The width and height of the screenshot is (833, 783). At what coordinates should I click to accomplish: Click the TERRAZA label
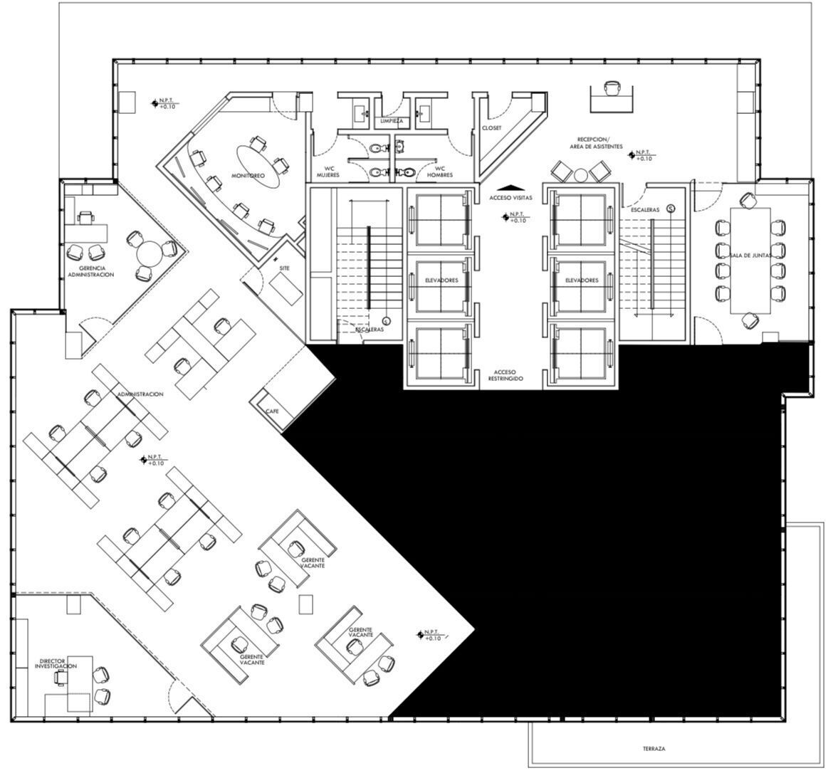(x=654, y=749)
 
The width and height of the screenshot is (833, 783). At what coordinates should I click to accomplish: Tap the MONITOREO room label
(x=248, y=175)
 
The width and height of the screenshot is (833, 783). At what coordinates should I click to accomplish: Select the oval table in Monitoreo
(x=257, y=166)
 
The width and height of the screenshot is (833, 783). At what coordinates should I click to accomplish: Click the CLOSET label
(x=491, y=128)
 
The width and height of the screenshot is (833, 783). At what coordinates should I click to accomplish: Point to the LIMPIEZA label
(x=392, y=121)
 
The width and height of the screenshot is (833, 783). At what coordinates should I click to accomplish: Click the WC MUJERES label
(x=328, y=172)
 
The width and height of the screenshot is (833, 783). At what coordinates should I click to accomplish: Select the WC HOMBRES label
(x=440, y=172)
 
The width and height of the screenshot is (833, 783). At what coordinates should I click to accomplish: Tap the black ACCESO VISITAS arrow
(x=510, y=186)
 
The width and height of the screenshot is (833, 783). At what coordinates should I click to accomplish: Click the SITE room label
(x=285, y=268)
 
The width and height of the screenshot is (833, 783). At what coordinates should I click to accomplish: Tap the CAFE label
(x=272, y=411)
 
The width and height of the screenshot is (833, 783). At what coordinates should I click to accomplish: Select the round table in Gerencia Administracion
(x=150, y=254)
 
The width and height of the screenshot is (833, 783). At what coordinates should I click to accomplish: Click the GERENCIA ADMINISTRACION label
(x=91, y=271)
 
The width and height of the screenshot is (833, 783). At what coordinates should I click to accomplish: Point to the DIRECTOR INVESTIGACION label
(x=56, y=663)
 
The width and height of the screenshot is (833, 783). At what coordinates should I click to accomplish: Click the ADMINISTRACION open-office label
(x=140, y=394)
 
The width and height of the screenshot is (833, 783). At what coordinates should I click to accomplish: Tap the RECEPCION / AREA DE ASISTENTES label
(x=596, y=143)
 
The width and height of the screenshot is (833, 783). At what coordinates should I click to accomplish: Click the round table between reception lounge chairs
(x=581, y=175)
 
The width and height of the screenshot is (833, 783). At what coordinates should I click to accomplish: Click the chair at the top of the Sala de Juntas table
(x=748, y=200)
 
